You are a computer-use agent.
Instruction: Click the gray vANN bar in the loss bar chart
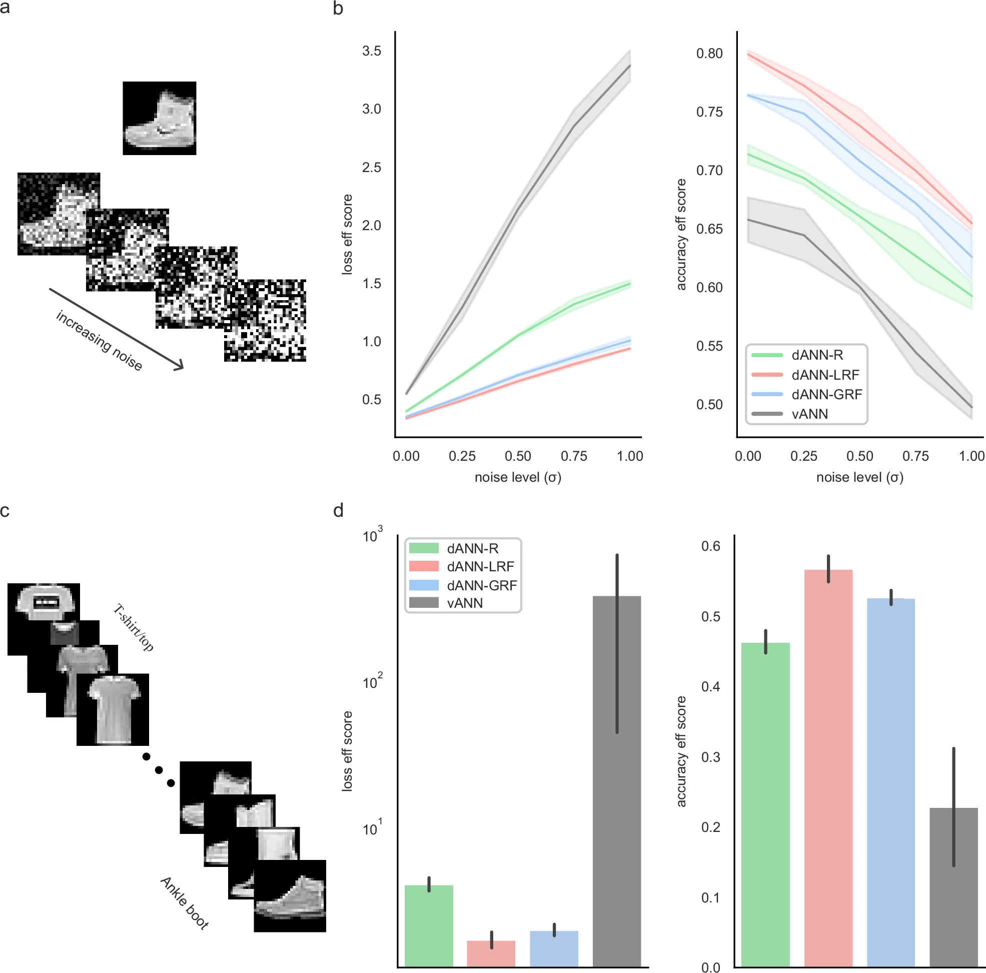(616, 780)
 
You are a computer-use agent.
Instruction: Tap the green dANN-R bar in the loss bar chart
(429, 925)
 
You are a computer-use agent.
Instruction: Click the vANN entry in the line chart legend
(809, 414)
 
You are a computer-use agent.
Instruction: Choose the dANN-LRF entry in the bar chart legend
(480, 566)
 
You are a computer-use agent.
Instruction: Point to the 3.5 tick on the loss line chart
(372, 51)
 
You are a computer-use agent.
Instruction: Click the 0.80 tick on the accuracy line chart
(709, 53)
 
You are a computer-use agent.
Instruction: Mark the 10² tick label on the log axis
(372, 682)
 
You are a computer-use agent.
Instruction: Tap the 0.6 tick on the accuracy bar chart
(710, 546)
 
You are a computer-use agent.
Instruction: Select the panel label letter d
(338, 511)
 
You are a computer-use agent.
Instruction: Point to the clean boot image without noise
(159, 118)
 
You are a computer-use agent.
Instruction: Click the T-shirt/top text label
(133, 628)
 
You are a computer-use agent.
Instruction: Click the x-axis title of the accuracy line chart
(859, 477)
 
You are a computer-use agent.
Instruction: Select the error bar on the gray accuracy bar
(953, 806)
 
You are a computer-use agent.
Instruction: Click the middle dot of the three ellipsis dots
(159, 770)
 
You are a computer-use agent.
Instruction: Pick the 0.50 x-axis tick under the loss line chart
(517, 456)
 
